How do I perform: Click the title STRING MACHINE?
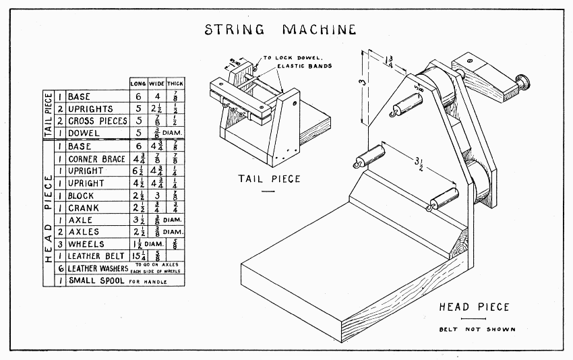point(280,30)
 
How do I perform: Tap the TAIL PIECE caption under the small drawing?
point(268,179)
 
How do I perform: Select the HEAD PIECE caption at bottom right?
point(474,307)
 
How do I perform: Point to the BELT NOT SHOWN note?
point(477,329)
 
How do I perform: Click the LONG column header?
point(138,83)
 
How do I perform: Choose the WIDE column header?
point(156,83)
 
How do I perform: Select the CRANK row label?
point(83,208)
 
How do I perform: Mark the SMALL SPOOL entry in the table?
point(96,280)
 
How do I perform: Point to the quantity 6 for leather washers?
point(61,268)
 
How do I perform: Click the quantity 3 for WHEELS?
point(61,244)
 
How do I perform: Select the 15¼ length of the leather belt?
point(138,256)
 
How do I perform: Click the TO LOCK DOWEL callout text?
point(300,58)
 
